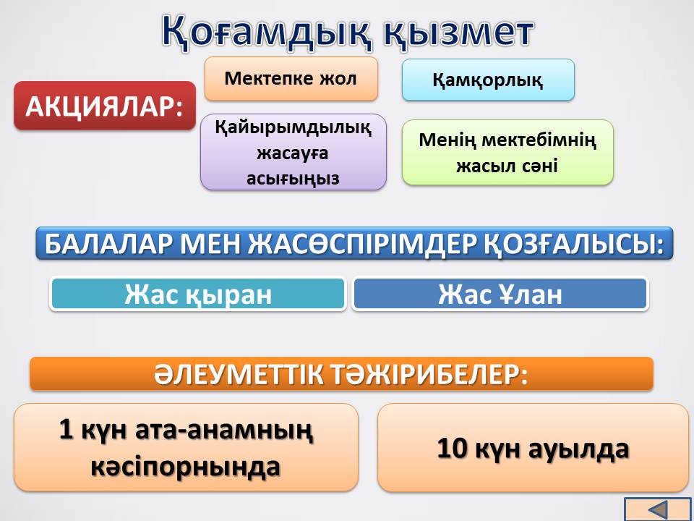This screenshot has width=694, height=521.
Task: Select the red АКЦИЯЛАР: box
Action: tap(104, 106)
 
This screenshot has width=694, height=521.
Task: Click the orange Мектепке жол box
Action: tap(291, 79)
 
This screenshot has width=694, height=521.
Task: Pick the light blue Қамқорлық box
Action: tap(488, 80)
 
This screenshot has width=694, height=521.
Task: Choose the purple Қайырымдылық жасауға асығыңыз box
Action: tap(293, 153)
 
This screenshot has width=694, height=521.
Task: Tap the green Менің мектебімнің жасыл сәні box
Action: tap(507, 153)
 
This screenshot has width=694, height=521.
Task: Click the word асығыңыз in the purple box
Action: tap(293, 179)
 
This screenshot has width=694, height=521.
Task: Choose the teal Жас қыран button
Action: tap(198, 294)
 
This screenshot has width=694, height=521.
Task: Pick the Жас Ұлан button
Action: tap(500, 294)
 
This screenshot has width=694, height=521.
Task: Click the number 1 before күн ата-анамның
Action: tap(66, 429)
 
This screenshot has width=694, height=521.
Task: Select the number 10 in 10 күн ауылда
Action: tap(452, 448)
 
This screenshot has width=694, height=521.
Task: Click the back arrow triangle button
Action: tap(659, 509)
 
